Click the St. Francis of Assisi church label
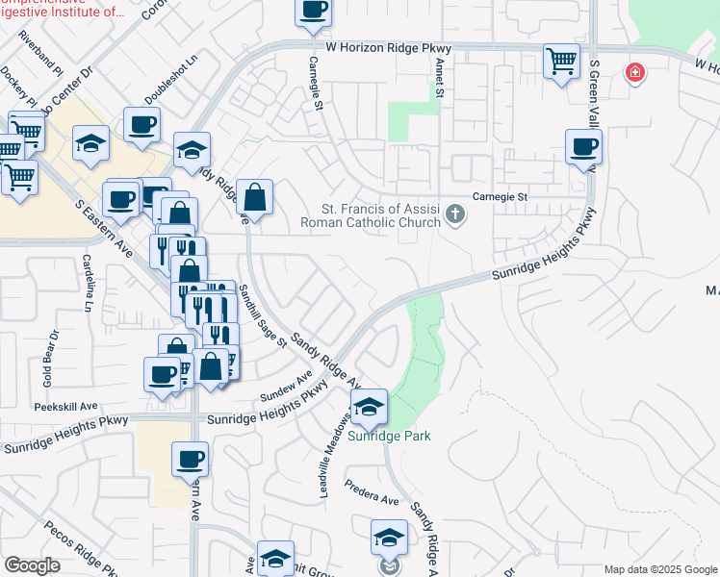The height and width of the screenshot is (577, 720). click(381, 215)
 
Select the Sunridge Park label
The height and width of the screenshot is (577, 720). click(390, 436)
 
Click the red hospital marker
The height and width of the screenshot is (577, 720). click(634, 72)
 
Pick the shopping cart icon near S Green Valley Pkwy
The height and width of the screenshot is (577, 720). click(561, 63)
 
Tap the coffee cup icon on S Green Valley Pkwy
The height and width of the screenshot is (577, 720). click(584, 149)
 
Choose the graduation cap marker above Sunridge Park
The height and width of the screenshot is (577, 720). click(368, 408)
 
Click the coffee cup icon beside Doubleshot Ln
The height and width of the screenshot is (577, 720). click(141, 126)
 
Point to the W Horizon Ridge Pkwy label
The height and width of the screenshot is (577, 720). click(373, 47)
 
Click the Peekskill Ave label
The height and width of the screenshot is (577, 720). click(67, 407)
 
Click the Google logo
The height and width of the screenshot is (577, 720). click(33, 565)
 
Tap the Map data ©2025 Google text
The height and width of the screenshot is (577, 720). click(660, 569)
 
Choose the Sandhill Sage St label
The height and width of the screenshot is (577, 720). click(262, 314)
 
